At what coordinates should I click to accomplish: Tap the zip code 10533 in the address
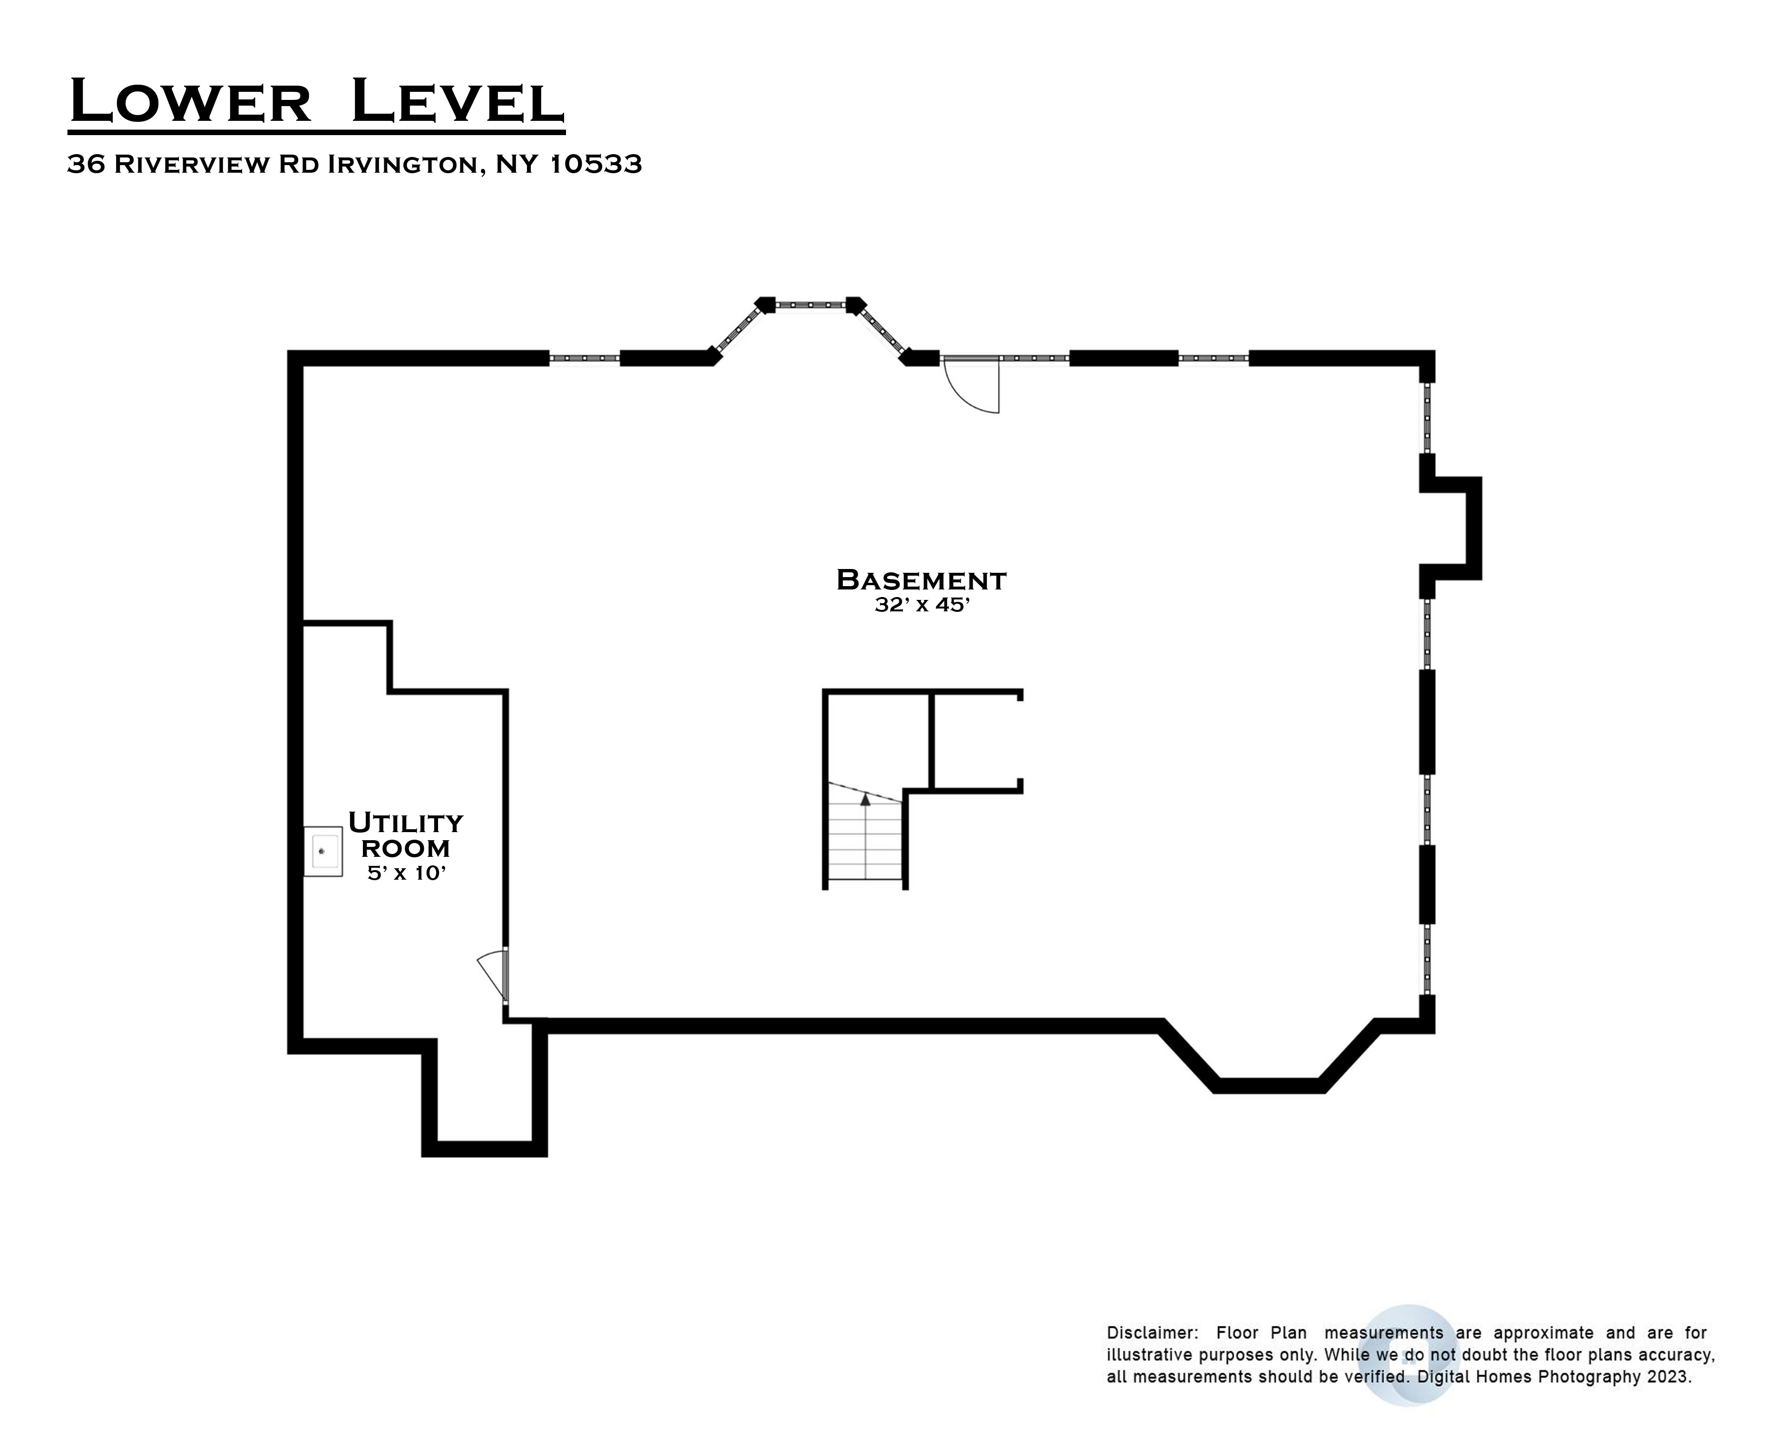coord(596,164)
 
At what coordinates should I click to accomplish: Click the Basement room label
coord(921,579)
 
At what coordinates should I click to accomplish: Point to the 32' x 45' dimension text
coord(921,605)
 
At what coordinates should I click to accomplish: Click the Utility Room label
coord(406,835)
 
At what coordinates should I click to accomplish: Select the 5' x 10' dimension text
coord(406,873)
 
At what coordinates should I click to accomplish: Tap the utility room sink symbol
coord(323,852)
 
